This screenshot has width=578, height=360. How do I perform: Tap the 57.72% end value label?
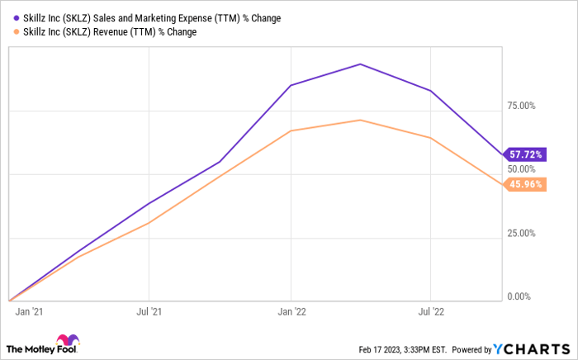[x=524, y=154]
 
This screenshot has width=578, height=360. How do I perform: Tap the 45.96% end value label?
[x=524, y=184]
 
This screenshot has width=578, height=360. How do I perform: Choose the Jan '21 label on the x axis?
[x=30, y=314]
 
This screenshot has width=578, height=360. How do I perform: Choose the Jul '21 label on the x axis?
[x=148, y=314]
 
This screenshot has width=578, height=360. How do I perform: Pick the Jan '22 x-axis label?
[x=291, y=314]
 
